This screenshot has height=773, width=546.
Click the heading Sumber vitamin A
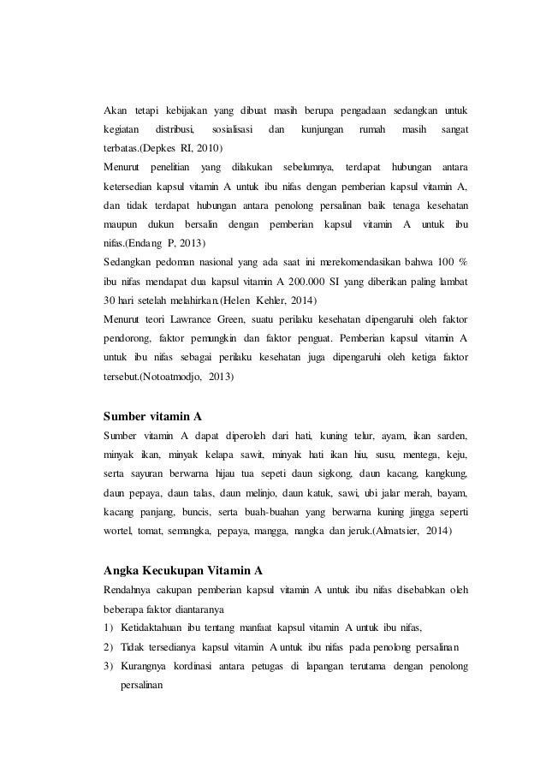point(152,417)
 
